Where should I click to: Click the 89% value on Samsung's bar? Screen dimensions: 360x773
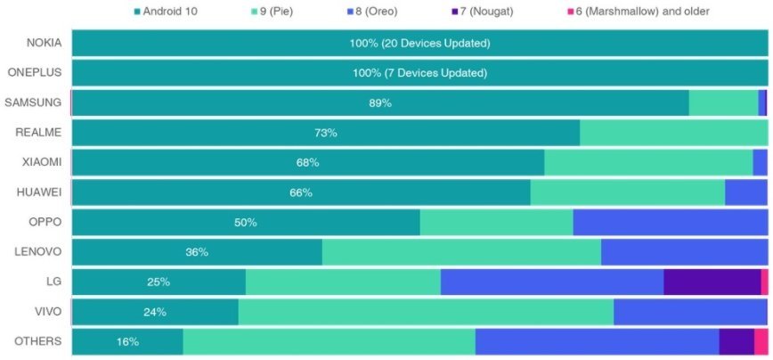[380, 103]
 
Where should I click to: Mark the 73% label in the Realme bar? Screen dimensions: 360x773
[325, 133]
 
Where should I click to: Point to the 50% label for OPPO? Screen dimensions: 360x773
[246, 223]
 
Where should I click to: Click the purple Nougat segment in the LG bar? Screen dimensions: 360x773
[712, 282]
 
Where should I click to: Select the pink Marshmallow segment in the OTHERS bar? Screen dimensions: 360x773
[761, 341]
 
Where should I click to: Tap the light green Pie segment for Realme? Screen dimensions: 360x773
[673, 133]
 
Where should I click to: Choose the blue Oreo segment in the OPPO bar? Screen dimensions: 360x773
[670, 223]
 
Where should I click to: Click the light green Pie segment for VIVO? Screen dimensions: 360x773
[426, 312]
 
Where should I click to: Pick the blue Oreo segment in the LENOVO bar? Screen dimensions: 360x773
[684, 252]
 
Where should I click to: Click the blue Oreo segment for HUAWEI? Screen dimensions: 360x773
[745, 192]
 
